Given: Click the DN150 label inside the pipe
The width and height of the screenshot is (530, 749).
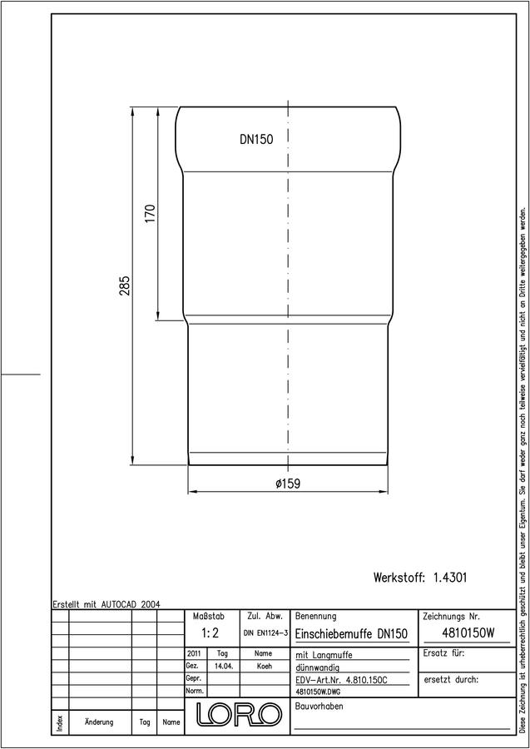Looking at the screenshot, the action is coord(256,140).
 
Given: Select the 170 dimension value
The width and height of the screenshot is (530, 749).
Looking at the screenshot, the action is coord(150,214).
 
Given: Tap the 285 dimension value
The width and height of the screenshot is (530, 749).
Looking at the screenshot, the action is coord(125,285).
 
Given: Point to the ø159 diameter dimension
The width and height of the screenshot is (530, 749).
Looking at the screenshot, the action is coord(288,484).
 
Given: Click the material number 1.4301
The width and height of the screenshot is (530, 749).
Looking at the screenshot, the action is coord(450,577).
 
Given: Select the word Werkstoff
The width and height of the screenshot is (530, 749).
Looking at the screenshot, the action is coord(399,578).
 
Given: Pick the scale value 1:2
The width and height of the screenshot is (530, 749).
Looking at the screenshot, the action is coord(210,633).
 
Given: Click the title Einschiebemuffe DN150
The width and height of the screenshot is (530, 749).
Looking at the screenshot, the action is coord(351,634).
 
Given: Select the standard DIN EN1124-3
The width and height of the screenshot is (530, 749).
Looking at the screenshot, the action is coord(265,633).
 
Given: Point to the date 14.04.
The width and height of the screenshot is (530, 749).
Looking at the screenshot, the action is coord(224,667).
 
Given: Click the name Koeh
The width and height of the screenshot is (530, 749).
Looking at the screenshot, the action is coord(264,667).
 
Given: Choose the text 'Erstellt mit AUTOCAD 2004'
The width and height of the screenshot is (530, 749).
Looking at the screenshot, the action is coord(106,604).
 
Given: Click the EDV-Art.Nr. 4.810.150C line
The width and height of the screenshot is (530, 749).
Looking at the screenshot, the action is coord(342,680).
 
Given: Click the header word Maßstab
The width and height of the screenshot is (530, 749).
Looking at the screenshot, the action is coord(208,617).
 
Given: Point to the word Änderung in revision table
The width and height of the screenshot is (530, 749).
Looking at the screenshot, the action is coord(99,722).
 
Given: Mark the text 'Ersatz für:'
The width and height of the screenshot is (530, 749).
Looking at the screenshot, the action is coord(444,653).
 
